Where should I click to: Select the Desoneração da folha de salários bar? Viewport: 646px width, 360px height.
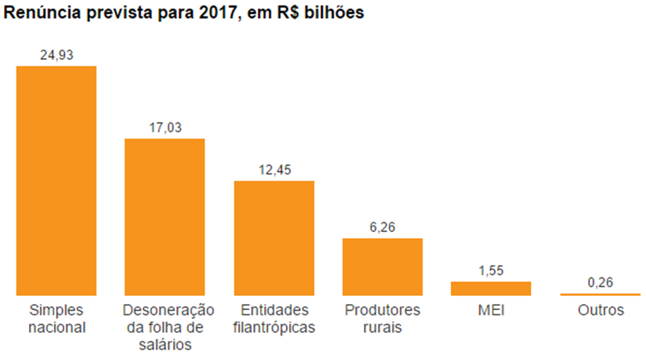(x=165, y=217)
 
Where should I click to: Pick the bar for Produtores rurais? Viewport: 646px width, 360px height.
(x=382, y=266)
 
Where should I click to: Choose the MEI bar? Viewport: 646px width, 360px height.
(x=491, y=288)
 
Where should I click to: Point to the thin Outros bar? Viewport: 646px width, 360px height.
(x=600, y=294)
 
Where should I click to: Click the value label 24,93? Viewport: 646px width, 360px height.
(x=57, y=55)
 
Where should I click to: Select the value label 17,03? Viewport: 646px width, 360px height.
(x=165, y=128)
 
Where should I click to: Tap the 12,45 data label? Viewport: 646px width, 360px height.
(x=274, y=170)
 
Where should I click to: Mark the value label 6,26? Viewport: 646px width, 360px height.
(x=382, y=227)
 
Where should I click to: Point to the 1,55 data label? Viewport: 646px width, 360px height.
(x=491, y=271)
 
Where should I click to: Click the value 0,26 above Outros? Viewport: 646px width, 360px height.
(x=600, y=283)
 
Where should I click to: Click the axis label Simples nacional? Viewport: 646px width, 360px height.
(x=57, y=319)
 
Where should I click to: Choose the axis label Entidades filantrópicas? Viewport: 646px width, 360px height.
(x=274, y=319)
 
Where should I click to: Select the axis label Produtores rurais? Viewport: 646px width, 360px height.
(x=382, y=319)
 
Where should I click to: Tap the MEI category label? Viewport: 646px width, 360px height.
(x=491, y=311)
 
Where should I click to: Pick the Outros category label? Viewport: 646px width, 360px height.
(x=600, y=311)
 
